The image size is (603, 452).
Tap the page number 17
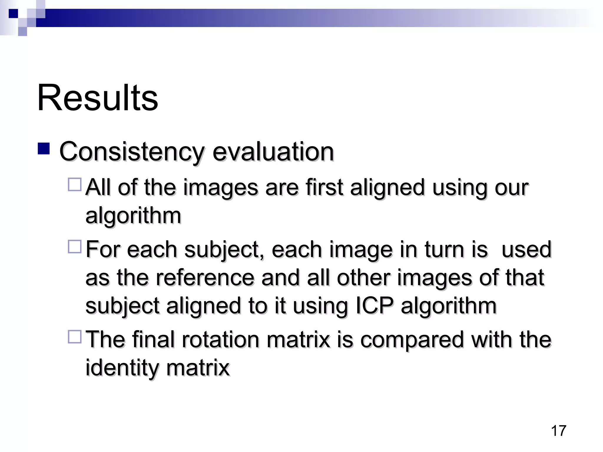[x=558, y=431]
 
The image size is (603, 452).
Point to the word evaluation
[x=273, y=152]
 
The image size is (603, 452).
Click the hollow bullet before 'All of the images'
[x=74, y=185]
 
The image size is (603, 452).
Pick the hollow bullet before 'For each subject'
[x=74, y=247]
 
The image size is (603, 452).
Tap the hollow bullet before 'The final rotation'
[x=74, y=337]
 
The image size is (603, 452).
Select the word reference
[x=205, y=277]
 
